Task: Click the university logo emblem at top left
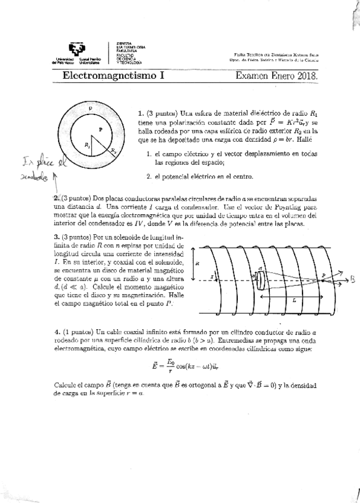click(x=77, y=51)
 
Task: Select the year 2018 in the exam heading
click(x=306, y=76)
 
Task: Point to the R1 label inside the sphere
click(x=88, y=145)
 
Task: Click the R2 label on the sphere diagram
click(x=113, y=152)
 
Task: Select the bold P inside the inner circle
click(x=100, y=128)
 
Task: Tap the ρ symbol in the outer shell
click(x=90, y=109)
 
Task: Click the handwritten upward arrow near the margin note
click(x=55, y=176)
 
